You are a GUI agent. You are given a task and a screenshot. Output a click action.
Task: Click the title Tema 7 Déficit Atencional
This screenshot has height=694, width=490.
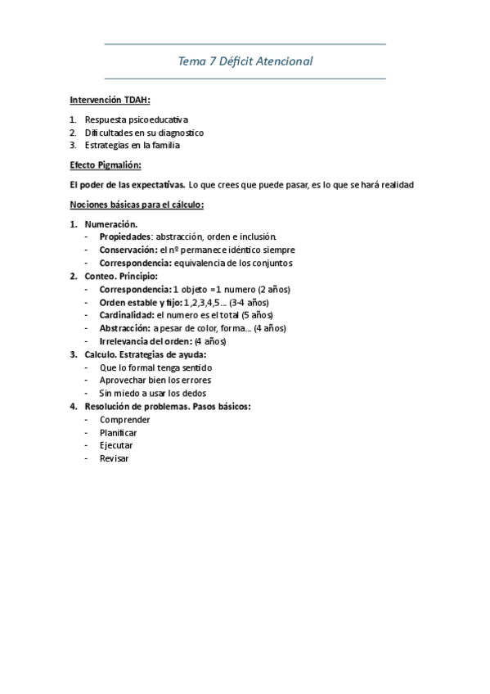coord(245,61)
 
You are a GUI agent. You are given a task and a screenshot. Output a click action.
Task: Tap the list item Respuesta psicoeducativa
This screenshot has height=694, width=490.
coord(136,119)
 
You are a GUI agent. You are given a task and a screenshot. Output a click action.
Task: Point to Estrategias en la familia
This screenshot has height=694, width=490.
coord(132,146)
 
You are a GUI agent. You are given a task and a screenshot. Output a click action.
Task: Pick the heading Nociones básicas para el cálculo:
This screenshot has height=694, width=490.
coord(137,205)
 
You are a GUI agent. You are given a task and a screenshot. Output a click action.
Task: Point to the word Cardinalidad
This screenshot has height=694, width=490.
coord(126,315)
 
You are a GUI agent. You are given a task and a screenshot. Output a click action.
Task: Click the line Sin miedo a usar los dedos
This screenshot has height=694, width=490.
coord(152,394)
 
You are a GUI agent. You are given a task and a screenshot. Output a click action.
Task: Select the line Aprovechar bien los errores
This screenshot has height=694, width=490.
coord(155,381)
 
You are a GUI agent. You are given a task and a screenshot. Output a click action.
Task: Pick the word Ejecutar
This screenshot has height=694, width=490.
coord(116,445)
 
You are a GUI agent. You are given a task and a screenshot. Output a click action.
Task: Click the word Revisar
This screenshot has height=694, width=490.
coord(114,458)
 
